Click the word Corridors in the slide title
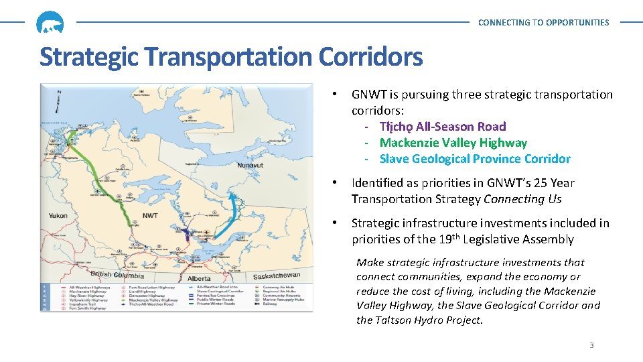pyautogui.click(x=370, y=57)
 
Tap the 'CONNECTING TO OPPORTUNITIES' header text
pyautogui.click(x=543, y=22)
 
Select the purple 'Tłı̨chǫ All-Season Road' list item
pyautogui.click(x=442, y=127)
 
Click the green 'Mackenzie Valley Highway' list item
pyautogui.click(x=453, y=143)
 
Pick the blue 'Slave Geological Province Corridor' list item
pyautogui.click(x=474, y=159)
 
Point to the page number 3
pyautogui.click(x=591, y=345)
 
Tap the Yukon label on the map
pyautogui.click(x=58, y=216)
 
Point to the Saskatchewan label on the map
pyautogui.click(x=276, y=276)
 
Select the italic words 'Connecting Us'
pyautogui.click(x=522, y=199)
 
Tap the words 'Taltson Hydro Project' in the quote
pyautogui.click(x=425, y=320)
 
